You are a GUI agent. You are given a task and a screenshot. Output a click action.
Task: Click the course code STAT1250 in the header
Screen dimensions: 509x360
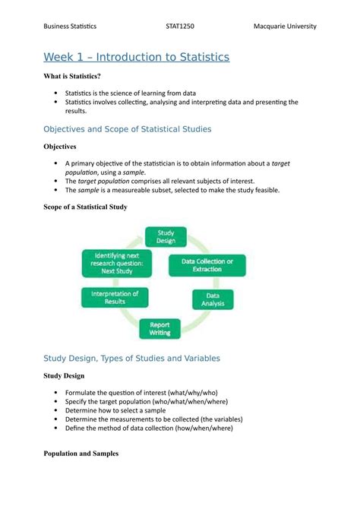tap(180, 27)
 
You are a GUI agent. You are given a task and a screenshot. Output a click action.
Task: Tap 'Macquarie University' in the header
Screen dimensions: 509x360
tap(285, 27)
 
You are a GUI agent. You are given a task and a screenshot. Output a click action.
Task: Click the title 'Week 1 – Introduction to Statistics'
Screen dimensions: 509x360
tap(136, 57)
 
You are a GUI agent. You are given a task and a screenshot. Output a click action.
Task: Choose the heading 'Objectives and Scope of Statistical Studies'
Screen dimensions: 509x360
tap(128, 129)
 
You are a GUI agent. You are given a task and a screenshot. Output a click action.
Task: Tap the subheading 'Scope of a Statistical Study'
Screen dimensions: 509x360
tap(85, 207)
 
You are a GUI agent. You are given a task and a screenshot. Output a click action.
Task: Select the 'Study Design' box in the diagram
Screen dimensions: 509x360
tap(166, 236)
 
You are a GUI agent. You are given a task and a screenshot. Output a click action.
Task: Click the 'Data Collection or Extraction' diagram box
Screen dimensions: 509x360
tap(207, 265)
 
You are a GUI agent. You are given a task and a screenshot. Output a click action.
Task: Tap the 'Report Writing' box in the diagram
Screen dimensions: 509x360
tap(159, 327)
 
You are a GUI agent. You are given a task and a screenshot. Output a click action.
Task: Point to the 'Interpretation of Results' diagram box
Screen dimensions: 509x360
tap(115, 297)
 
